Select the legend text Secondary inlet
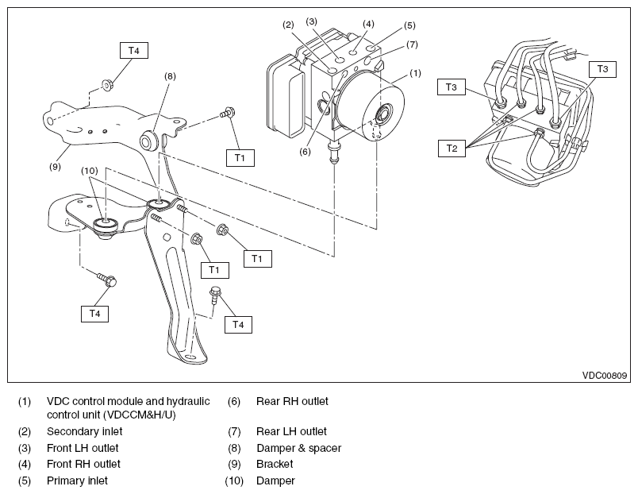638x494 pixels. (84, 432)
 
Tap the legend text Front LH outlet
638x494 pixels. (83, 448)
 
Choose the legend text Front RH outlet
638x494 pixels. (84, 464)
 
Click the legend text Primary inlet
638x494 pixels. (77, 480)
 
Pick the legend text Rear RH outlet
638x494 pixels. (292, 401)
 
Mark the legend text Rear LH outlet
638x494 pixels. (291, 432)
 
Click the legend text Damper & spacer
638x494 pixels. (298, 448)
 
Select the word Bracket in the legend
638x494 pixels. (275, 464)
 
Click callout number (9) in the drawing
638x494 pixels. (55, 167)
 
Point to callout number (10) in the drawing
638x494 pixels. (90, 171)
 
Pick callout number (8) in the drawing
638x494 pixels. (170, 76)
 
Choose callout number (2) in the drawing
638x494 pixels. (289, 25)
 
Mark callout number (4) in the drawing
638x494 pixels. (368, 24)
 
